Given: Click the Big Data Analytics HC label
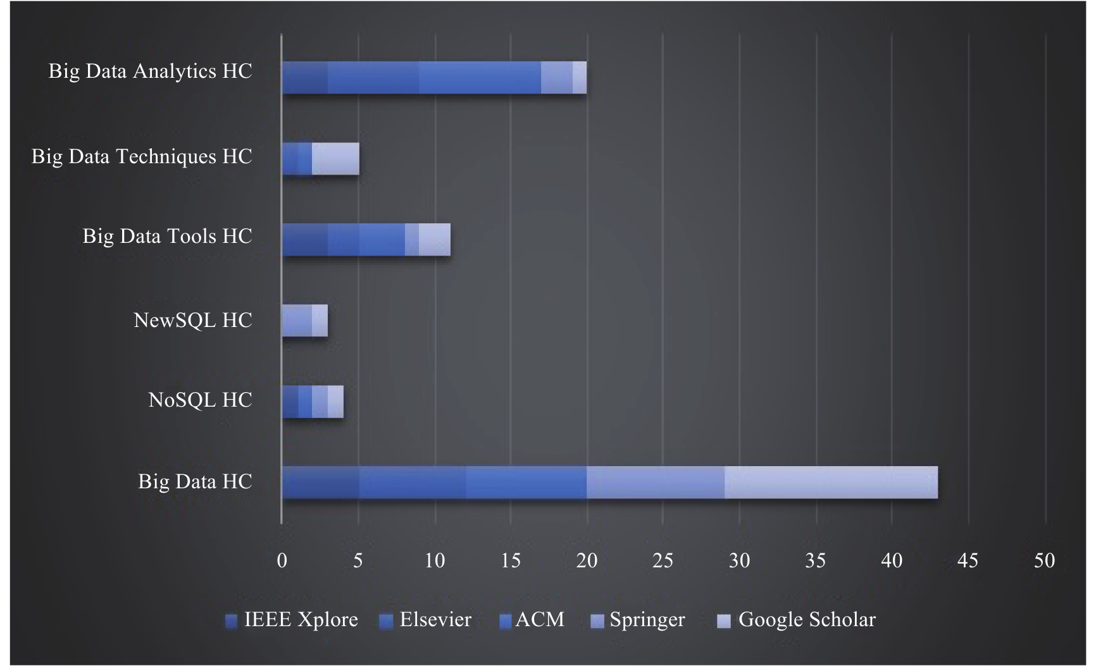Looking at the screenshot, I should (x=150, y=71).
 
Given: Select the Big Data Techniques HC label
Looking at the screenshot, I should (x=142, y=156).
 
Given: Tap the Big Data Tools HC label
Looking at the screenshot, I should (x=167, y=237).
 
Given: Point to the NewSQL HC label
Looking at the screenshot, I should (x=192, y=321).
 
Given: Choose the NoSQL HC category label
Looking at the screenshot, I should (x=200, y=400).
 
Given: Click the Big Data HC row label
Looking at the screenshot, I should (x=195, y=482).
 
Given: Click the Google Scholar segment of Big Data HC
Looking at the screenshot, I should (x=831, y=483).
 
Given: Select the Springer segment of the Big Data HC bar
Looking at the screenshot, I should (x=656, y=483).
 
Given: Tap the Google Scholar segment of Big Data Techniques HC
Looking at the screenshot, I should (x=335, y=159).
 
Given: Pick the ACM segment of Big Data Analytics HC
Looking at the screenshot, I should (x=480, y=78).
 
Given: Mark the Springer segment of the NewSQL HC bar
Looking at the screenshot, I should (x=297, y=321).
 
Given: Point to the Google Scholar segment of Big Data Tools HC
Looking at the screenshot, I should (x=435, y=240).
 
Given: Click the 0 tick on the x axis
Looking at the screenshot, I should (x=282, y=561).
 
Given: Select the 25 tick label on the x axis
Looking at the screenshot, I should (x=663, y=561).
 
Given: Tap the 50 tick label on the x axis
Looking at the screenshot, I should (x=1045, y=561).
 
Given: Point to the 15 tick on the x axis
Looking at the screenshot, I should (x=511, y=561).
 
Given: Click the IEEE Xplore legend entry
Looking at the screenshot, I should (x=292, y=620).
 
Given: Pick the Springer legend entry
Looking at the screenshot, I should (x=637, y=620).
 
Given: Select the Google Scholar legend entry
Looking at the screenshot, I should (x=797, y=620).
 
